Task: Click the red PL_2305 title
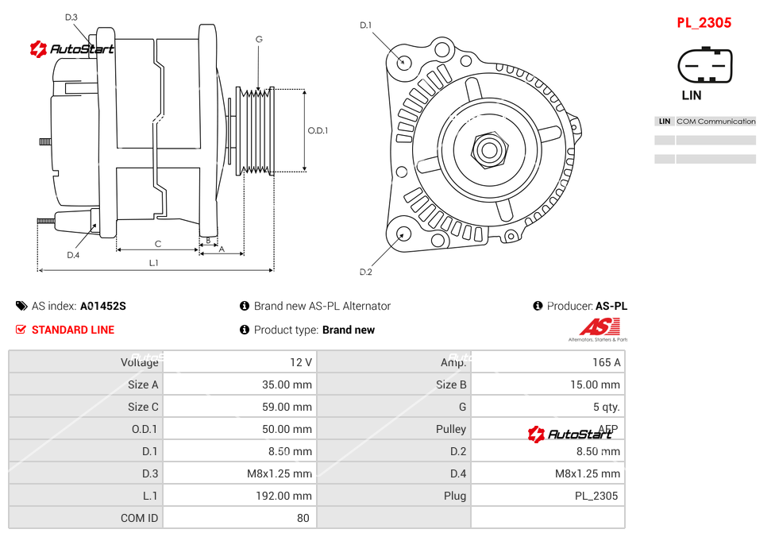tap(704, 23)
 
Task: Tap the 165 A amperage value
tap(606, 362)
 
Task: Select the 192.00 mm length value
tap(290, 496)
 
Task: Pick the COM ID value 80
tap(303, 518)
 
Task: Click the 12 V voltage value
tap(301, 362)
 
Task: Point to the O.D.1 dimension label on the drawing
tap(318, 131)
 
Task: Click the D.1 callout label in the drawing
tap(365, 25)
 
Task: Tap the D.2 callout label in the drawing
tap(365, 272)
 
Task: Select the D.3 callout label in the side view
tap(71, 17)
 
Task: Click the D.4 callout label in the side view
tap(73, 255)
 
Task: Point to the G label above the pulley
tap(259, 39)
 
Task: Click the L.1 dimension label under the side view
tap(154, 262)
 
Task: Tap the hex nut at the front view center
tap(489, 149)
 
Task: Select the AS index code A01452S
tap(103, 306)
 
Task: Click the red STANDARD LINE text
tap(73, 330)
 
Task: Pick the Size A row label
tap(143, 384)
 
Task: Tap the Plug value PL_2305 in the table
tap(598, 496)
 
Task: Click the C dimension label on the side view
tap(157, 243)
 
